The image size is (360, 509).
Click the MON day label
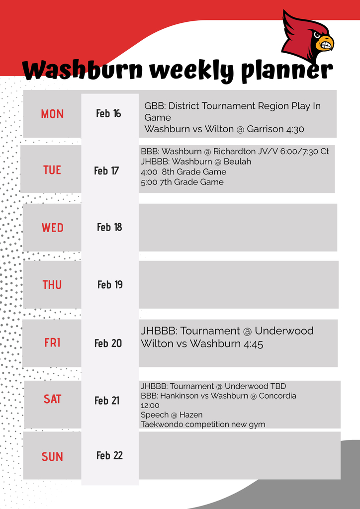coord(52,114)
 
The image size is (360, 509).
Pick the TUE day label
coord(52,170)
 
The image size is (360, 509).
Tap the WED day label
coord(52,228)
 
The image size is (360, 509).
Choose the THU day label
coord(52,285)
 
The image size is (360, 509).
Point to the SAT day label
coord(52,399)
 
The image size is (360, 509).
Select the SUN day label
coord(52,457)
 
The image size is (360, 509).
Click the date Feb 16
coord(108,113)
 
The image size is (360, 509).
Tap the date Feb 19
coord(110,284)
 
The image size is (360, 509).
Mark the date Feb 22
coord(109,455)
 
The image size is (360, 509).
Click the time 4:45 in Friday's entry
coord(254,343)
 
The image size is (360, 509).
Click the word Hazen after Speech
coord(191,415)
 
